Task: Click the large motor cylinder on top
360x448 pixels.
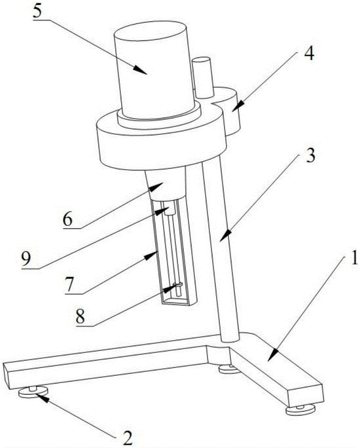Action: click(x=154, y=67)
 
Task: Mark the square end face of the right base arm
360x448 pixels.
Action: click(x=305, y=392)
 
